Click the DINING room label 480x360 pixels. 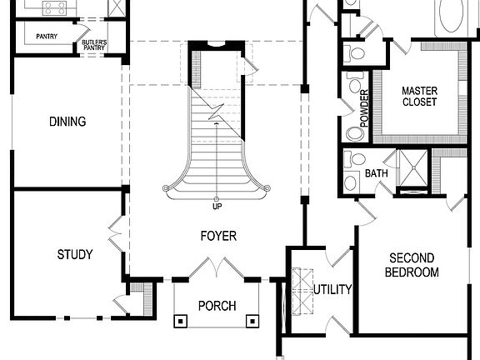(x=67, y=122)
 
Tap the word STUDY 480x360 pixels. (x=74, y=254)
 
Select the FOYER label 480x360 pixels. (x=217, y=236)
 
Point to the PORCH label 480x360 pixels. (x=217, y=306)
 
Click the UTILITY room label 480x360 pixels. (x=332, y=290)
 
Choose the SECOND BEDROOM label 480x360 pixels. (x=413, y=265)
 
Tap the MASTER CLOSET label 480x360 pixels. (x=420, y=97)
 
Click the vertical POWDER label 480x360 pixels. (x=364, y=107)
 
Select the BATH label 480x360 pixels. (x=377, y=173)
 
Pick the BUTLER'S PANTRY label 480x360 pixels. (x=100, y=45)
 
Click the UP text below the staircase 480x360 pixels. (x=217, y=207)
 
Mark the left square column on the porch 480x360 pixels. (x=180, y=319)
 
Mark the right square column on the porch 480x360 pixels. (x=252, y=319)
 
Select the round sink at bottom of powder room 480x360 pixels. (x=353, y=133)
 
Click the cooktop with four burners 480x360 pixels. (x=55, y=7)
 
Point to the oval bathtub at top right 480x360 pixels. (x=454, y=15)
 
